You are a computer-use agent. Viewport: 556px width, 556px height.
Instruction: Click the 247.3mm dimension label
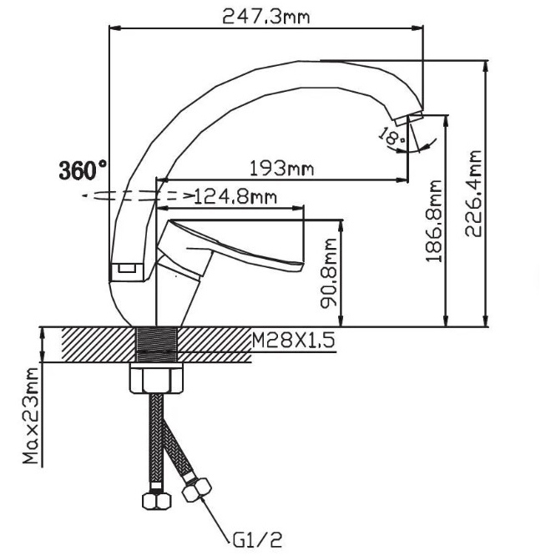point(266,17)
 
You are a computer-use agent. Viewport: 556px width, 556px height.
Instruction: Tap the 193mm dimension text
point(282,169)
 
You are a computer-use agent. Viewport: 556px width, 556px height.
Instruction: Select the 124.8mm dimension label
point(235,197)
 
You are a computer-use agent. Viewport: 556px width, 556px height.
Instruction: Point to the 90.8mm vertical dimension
point(328,273)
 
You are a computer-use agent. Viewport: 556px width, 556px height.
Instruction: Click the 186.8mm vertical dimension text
point(434,221)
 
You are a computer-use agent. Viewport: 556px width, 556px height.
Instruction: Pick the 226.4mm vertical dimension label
point(473,194)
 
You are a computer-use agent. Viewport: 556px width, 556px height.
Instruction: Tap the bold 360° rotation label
point(83,170)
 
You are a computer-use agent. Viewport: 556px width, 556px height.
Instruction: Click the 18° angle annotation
point(392,137)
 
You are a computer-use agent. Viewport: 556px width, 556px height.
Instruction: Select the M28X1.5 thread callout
point(293,341)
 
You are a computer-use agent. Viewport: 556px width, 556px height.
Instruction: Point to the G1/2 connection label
point(258,540)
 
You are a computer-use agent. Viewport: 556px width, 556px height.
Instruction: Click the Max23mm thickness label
point(31,416)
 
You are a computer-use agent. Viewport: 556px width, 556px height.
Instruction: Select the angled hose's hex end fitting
point(197,489)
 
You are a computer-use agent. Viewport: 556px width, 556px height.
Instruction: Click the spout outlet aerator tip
point(409,118)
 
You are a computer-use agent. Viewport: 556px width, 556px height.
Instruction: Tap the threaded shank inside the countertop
point(157,344)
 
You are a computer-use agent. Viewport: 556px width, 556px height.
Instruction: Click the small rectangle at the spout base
point(127,268)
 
